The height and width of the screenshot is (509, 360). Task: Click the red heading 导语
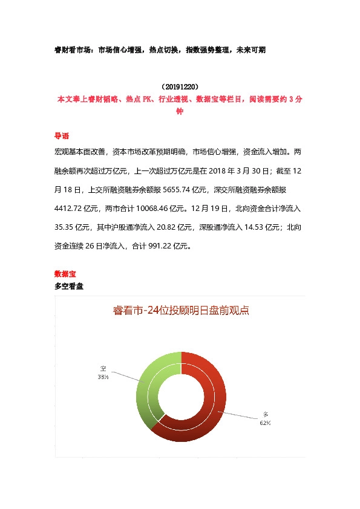(62, 135)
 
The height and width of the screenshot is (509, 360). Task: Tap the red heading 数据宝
(65, 274)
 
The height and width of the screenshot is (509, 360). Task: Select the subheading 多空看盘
(69, 286)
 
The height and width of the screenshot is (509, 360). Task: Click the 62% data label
(265, 423)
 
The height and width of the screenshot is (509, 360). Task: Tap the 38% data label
(103, 377)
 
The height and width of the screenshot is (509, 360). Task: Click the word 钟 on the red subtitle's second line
(179, 111)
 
